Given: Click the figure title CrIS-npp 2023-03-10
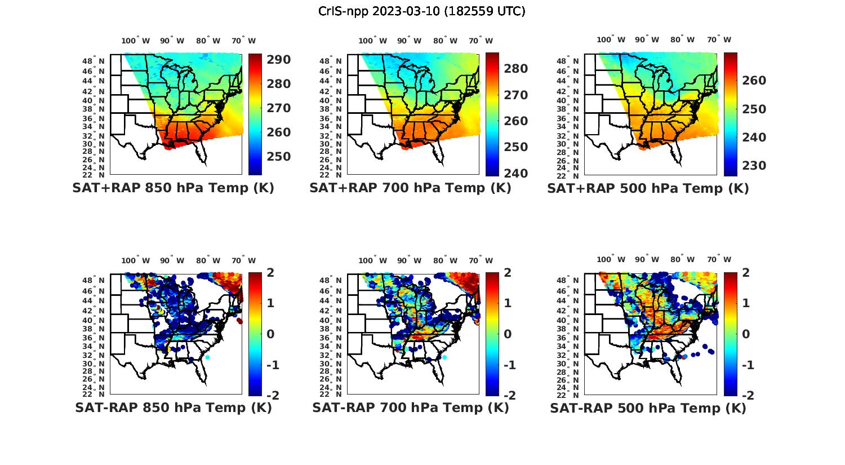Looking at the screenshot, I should [x=421, y=11].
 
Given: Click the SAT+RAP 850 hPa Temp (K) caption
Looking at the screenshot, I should [x=173, y=188].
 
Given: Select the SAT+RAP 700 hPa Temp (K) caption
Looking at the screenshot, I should [x=410, y=188].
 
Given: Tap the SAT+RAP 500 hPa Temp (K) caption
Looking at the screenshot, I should [x=648, y=188].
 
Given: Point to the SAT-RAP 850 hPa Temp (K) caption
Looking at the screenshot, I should [x=173, y=408].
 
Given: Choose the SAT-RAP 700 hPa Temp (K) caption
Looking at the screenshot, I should [x=410, y=408].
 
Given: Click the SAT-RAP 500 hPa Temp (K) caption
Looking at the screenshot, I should [x=648, y=408].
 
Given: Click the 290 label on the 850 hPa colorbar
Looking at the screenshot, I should [x=278, y=60].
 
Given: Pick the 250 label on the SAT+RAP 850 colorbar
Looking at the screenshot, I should [x=278, y=157].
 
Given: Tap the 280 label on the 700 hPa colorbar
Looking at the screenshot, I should [x=515, y=69].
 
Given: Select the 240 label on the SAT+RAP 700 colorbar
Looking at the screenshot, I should [x=515, y=173].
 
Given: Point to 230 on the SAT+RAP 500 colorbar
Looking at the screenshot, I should [x=754, y=166].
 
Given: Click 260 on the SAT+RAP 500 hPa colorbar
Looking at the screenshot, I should [x=754, y=81].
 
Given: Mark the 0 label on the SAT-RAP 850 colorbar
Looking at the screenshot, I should [x=270, y=334].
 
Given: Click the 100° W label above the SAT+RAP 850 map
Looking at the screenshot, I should [x=136, y=41].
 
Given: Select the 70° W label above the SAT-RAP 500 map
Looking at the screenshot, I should [x=719, y=260].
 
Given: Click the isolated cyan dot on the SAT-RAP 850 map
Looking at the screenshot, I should [x=207, y=357].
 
